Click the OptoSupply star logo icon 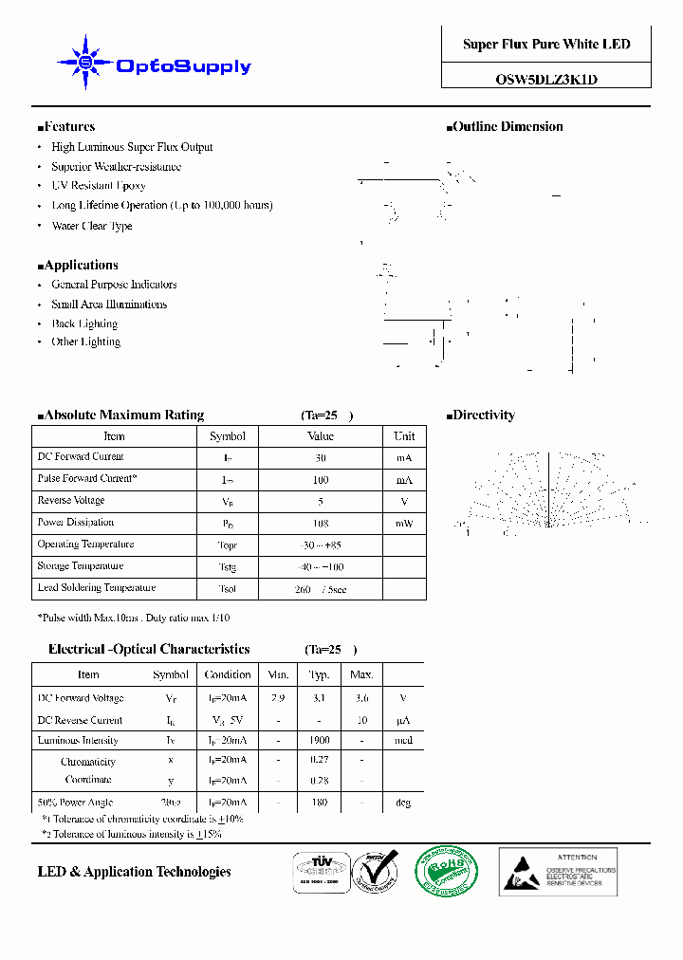86,64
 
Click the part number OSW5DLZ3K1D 546,80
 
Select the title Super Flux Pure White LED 546,45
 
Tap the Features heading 66,126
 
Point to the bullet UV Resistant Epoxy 99,186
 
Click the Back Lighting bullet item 85,323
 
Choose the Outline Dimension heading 505,126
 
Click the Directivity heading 481,415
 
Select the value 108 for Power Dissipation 321,523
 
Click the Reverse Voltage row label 71,500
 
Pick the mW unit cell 404,523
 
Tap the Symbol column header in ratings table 227,436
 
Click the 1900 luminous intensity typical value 319,740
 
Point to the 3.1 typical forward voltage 319,698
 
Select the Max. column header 361,674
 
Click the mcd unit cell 403,740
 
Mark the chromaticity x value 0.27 319,760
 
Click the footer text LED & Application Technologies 134,872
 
